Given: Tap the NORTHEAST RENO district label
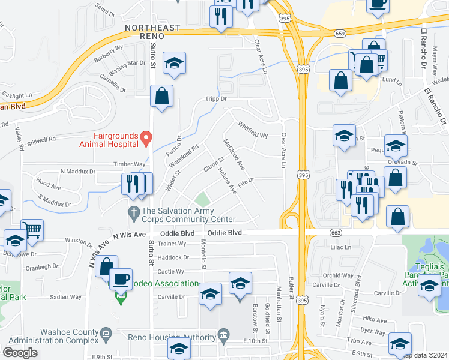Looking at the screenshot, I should point(152,31).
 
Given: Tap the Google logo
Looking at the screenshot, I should point(20,353).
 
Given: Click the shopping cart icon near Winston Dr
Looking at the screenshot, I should point(32,229).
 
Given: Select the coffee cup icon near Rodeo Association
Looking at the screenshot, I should point(121,278).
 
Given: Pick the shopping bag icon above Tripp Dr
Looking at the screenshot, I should point(161,95).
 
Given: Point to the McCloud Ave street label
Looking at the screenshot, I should point(234,155).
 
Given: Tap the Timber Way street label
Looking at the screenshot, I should point(130,164).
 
